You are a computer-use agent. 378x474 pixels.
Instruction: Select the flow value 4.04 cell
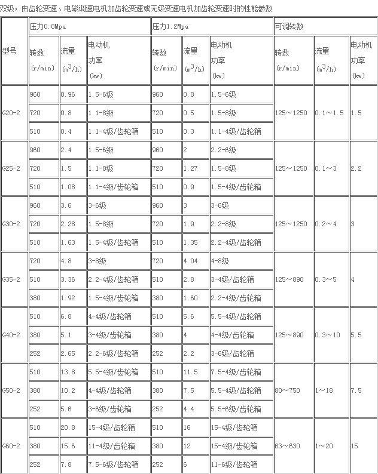[191, 261]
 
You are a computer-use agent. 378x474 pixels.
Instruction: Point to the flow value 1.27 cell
[191, 168]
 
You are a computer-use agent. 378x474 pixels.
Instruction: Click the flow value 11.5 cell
[191, 372]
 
